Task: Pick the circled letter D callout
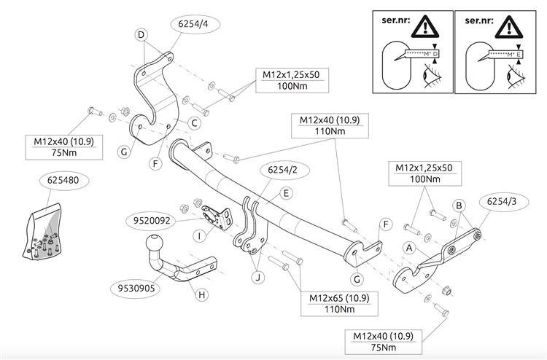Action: pos(141,34)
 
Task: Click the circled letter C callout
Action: pos(195,123)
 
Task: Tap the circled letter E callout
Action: pos(287,193)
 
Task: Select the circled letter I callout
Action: pos(198,235)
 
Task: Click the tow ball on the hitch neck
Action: pos(155,243)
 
